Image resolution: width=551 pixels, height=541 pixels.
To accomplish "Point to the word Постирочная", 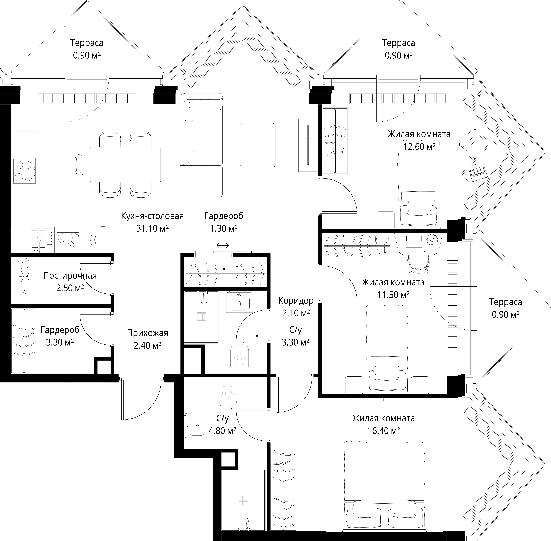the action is tap(70, 276).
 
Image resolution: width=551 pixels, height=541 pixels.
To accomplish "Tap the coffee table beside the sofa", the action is tap(258, 145).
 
